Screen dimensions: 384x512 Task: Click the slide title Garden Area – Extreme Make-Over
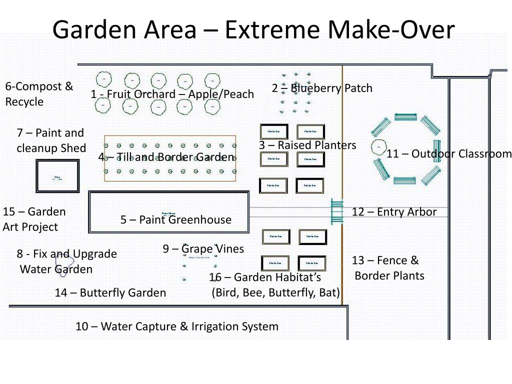click(x=253, y=29)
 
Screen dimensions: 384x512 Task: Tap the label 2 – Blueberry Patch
click(x=322, y=88)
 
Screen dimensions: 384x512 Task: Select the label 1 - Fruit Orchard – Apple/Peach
click(x=172, y=94)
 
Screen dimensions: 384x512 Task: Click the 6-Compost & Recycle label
click(x=39, y=94)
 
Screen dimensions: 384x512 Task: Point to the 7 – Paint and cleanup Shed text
click(x=50, y=140)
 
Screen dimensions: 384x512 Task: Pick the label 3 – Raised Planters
click(x=307, y=145)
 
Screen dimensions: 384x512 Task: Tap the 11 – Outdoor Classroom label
click(x=449, y=153)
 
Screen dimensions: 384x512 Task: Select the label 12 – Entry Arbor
click(x=394, y=212)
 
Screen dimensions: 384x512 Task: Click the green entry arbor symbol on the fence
click(x=337, y=212)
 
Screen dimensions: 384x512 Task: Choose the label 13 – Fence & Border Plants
click(x=388, y=268)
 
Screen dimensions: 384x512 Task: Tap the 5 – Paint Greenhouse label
click(x=176, y=219)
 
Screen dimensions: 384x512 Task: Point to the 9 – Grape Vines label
click(x=203, y=248)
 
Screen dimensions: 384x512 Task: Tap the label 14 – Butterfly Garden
click(x=110, y=292)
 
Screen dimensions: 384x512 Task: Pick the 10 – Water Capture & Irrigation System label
click(x=177, y=326)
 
